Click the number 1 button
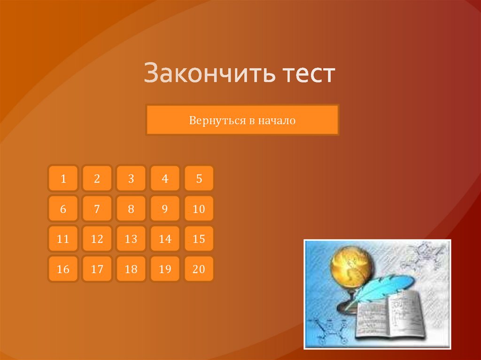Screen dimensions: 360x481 click(x=63, y=178)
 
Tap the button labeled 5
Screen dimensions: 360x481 click(x=199, y=178)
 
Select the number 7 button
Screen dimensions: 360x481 click(x=97, y=209)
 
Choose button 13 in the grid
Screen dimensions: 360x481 click(x=131, y=239)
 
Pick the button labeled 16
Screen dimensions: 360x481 click(x=63, y=269)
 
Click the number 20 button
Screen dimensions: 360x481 click(x=199, y=269)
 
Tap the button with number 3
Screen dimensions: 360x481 click(x=131, y=178)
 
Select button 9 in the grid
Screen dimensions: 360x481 click(x=165, y=209)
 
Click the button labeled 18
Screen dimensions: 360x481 click(x=131, y=269)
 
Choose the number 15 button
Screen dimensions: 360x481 click(x=199, y=239)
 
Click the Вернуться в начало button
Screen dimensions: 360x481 click(x=242, y=121)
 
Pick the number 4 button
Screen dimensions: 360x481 click(x=165, y=178)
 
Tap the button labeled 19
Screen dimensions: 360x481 click(x=165, y=269)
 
